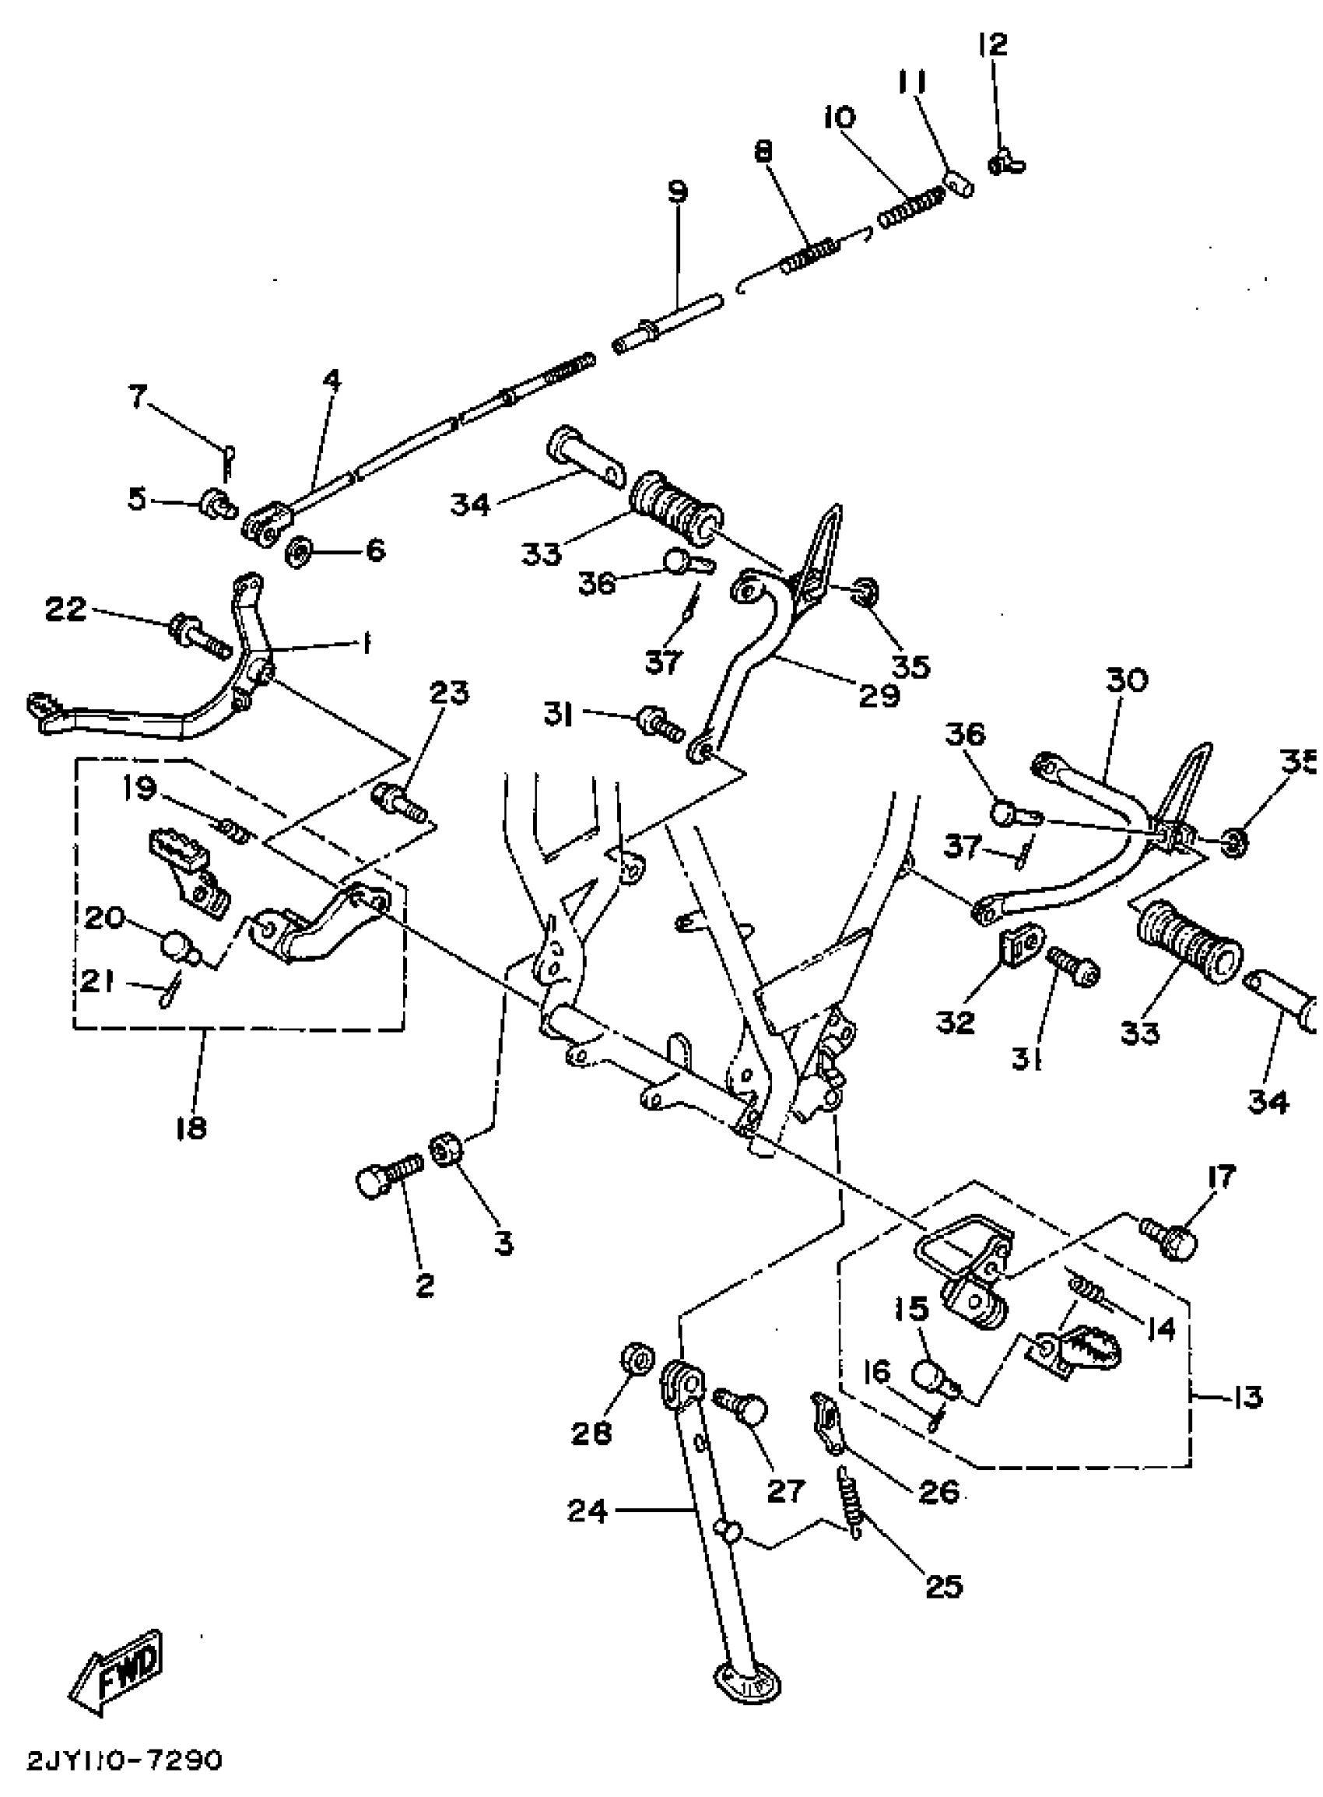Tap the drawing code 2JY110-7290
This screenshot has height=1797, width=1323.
[x=125, y=1761]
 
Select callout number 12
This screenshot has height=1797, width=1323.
[x=992, y=45]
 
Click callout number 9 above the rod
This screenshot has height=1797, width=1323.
[x=678, y=192]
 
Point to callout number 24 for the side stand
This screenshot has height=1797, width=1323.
[x=588, y=1512]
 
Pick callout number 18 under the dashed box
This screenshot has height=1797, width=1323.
[x=191, y=1128]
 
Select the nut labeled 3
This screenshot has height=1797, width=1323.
[x=446, y=1151]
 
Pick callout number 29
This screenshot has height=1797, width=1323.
[x=879, y=695]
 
